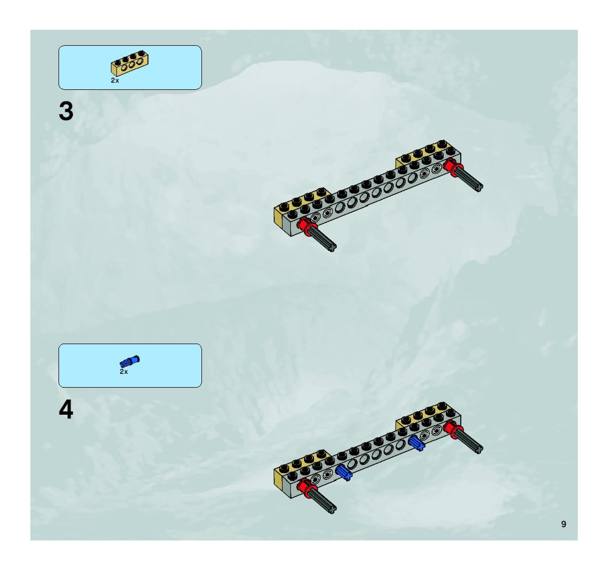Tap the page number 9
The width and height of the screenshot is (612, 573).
[x=563, y=524]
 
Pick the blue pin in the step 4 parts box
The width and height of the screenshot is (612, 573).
[x=130, y=362]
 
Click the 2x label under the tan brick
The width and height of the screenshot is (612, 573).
[x=115, y=81]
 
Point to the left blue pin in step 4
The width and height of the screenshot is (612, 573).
[x=344, y=472]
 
